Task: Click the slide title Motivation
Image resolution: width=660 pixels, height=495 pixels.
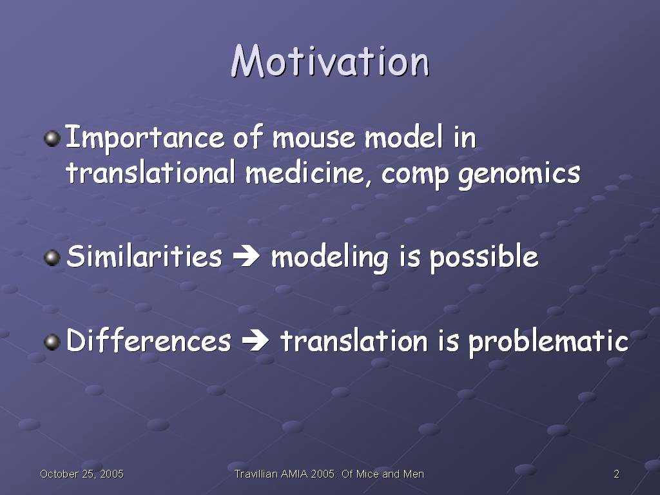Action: click(x=330, y=61)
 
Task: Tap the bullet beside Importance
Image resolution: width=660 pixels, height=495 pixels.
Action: click(x=52, y=139)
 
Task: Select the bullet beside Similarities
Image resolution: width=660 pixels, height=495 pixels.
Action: click(x=52, y=257)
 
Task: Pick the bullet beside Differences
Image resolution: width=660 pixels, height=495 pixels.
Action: click(x=52, y=342)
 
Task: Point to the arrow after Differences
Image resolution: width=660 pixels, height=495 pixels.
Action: click(x=255, y=340)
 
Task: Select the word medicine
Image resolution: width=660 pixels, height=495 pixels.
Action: click(x=305, y=173)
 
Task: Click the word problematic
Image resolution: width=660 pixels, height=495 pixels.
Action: click(x=548, y=342)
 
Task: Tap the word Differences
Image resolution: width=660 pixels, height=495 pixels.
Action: click(x=149, y=340)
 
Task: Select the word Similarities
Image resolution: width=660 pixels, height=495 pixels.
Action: click(x=144, y=256)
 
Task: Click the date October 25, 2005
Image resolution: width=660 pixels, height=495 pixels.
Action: click(x=82, y=474)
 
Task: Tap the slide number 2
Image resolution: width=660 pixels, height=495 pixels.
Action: click(x=616, y=474)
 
